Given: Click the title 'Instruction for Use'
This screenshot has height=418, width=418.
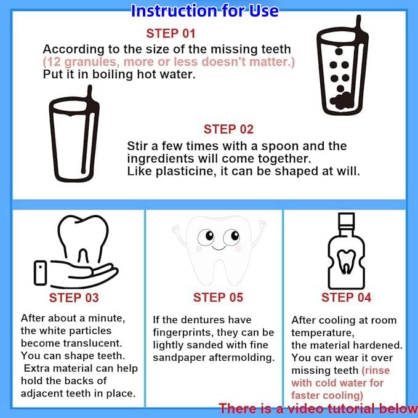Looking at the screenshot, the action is (x=205, y=10).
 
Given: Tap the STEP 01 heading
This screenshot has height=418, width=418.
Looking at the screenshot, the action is (x=171, y=34).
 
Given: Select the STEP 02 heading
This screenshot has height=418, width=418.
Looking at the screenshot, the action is (x=228, y=129).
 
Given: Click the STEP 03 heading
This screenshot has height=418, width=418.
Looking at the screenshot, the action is (x=74, y=298).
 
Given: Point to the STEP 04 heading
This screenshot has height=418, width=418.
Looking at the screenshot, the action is (x=347, y=297).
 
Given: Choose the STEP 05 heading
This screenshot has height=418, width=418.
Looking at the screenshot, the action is (x=218, y=297).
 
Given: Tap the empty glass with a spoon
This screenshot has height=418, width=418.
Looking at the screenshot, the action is (x=74, y=134).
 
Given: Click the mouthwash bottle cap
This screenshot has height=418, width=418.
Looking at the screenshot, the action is (x=347, y=220).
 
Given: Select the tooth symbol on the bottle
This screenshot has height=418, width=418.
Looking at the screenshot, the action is (x=347, y=262).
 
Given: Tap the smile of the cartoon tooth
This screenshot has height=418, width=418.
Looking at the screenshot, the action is (x=219, y=248).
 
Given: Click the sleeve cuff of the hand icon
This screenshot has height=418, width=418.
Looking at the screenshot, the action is (x=40, y=273).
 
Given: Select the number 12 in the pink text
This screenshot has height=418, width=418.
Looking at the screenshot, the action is (x=54, y=62).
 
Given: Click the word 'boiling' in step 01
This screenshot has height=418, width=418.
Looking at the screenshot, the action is (x=113, y=74).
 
